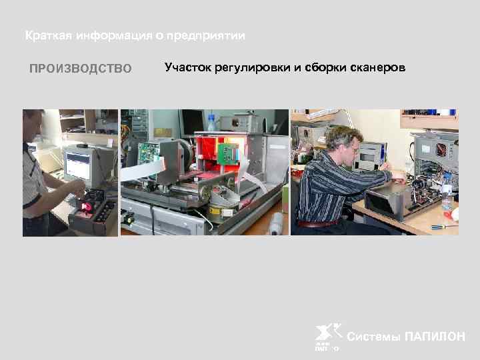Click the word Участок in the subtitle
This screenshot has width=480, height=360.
(187, 68)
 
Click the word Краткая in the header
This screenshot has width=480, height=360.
(47, 35)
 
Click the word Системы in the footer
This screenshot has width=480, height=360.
(375, 337)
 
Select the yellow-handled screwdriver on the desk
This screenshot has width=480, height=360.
(441, 227)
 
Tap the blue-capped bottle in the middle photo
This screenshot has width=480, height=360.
(211, 123)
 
